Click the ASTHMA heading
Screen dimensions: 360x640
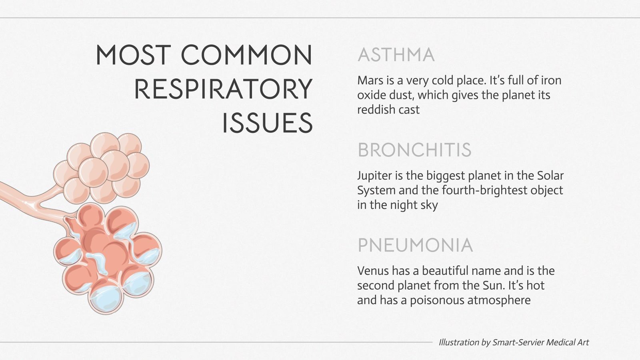pos(396,55)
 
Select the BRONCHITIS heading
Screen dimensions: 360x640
pos(414,150)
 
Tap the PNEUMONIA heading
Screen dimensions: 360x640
pos(415,245)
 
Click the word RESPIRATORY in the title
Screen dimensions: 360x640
pos(223,89)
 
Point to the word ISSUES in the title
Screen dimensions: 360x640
pos(267,123)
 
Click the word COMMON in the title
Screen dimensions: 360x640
pos(246,55)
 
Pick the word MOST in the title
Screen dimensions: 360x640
pos(133,55)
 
